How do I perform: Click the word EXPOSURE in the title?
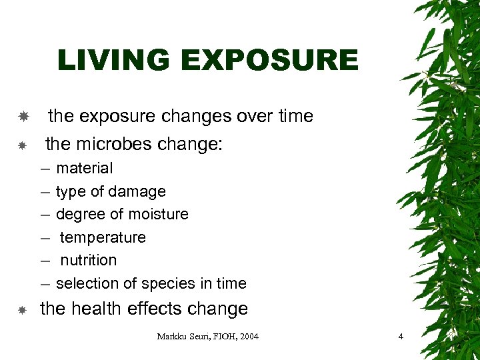click(271, 61)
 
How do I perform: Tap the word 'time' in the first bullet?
click(296, 116)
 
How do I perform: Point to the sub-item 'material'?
click(84, 168)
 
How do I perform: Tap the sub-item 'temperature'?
click(103, 237)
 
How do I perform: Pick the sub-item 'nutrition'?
click(89, 260)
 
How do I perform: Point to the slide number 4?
click(401, 337)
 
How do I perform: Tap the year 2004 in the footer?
click(247, 337)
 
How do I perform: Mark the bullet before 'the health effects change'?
click(23, 310)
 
